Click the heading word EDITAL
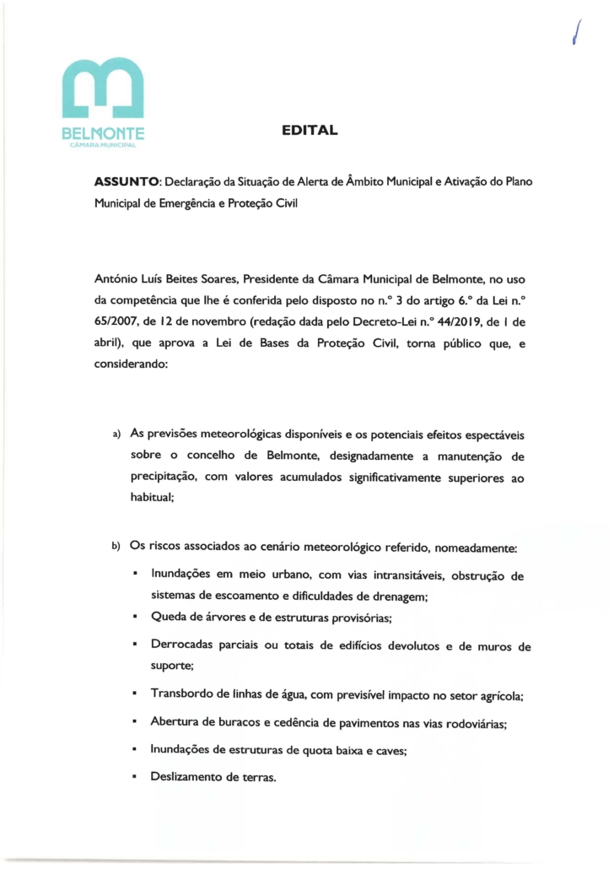point(310,131)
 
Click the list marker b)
point(117,548)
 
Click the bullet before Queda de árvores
point(135,618)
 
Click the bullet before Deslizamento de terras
point(135,776)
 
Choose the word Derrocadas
point(183,647)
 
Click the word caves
point(390,750)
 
